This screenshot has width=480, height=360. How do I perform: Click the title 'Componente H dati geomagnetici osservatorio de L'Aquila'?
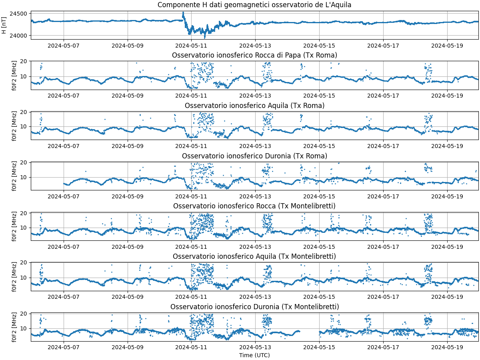click(254, 5)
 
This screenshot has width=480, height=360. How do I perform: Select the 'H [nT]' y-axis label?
click(4, 25)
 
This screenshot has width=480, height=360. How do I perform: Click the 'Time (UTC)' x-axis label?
click(254, 355)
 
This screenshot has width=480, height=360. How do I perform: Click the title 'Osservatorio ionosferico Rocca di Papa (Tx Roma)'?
click(254, 55)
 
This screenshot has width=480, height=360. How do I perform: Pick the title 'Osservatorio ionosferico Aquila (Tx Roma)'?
click(254, 106)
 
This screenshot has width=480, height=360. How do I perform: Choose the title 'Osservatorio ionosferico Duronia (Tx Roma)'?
click(254, 156)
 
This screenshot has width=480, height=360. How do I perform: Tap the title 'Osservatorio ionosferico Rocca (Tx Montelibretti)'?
click(254, 206)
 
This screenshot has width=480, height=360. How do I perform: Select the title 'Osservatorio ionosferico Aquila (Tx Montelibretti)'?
click(254, 256)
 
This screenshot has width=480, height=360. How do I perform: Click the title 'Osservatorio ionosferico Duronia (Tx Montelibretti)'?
click(254, 307)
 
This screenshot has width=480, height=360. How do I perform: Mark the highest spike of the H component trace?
click(183, 12)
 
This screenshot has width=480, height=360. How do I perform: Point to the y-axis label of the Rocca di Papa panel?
click(14, 75)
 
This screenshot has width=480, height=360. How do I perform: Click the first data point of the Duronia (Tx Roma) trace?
click(64, 184)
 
